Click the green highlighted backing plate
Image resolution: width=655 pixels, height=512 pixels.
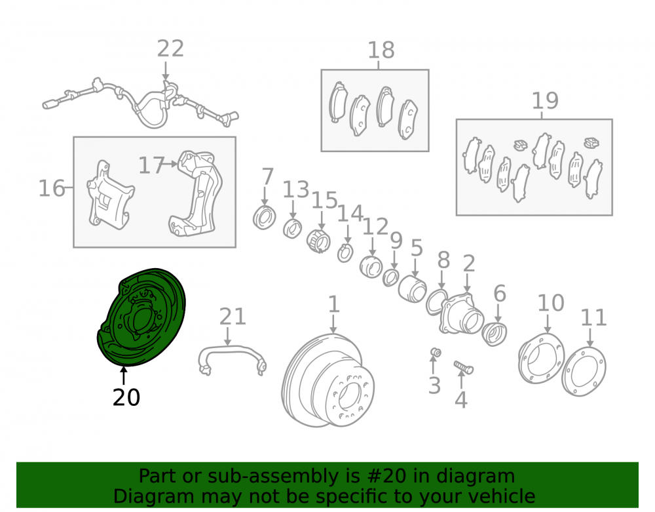(141, 318)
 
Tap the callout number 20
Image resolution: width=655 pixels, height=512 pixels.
(126, 397)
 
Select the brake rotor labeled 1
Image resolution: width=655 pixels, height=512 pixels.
(328, 380)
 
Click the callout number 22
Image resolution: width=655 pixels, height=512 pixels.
(170, 49)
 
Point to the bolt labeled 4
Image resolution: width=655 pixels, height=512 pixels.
(463, 367)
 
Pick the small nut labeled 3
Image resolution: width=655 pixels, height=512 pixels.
(436, 352)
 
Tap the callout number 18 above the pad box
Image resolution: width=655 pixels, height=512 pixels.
(381, 50)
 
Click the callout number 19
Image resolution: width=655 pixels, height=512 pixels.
(545, 101)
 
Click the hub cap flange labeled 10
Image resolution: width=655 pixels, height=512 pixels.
(542, 358)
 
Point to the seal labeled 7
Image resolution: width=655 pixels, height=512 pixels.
(265, 218)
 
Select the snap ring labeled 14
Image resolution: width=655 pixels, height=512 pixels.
(345, 252)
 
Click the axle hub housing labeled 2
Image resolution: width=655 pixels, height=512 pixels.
(462, 313)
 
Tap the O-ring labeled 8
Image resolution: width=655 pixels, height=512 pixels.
(436, 302)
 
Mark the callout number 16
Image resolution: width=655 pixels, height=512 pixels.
(52, 188)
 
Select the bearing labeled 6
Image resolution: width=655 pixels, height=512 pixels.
(494, 334)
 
